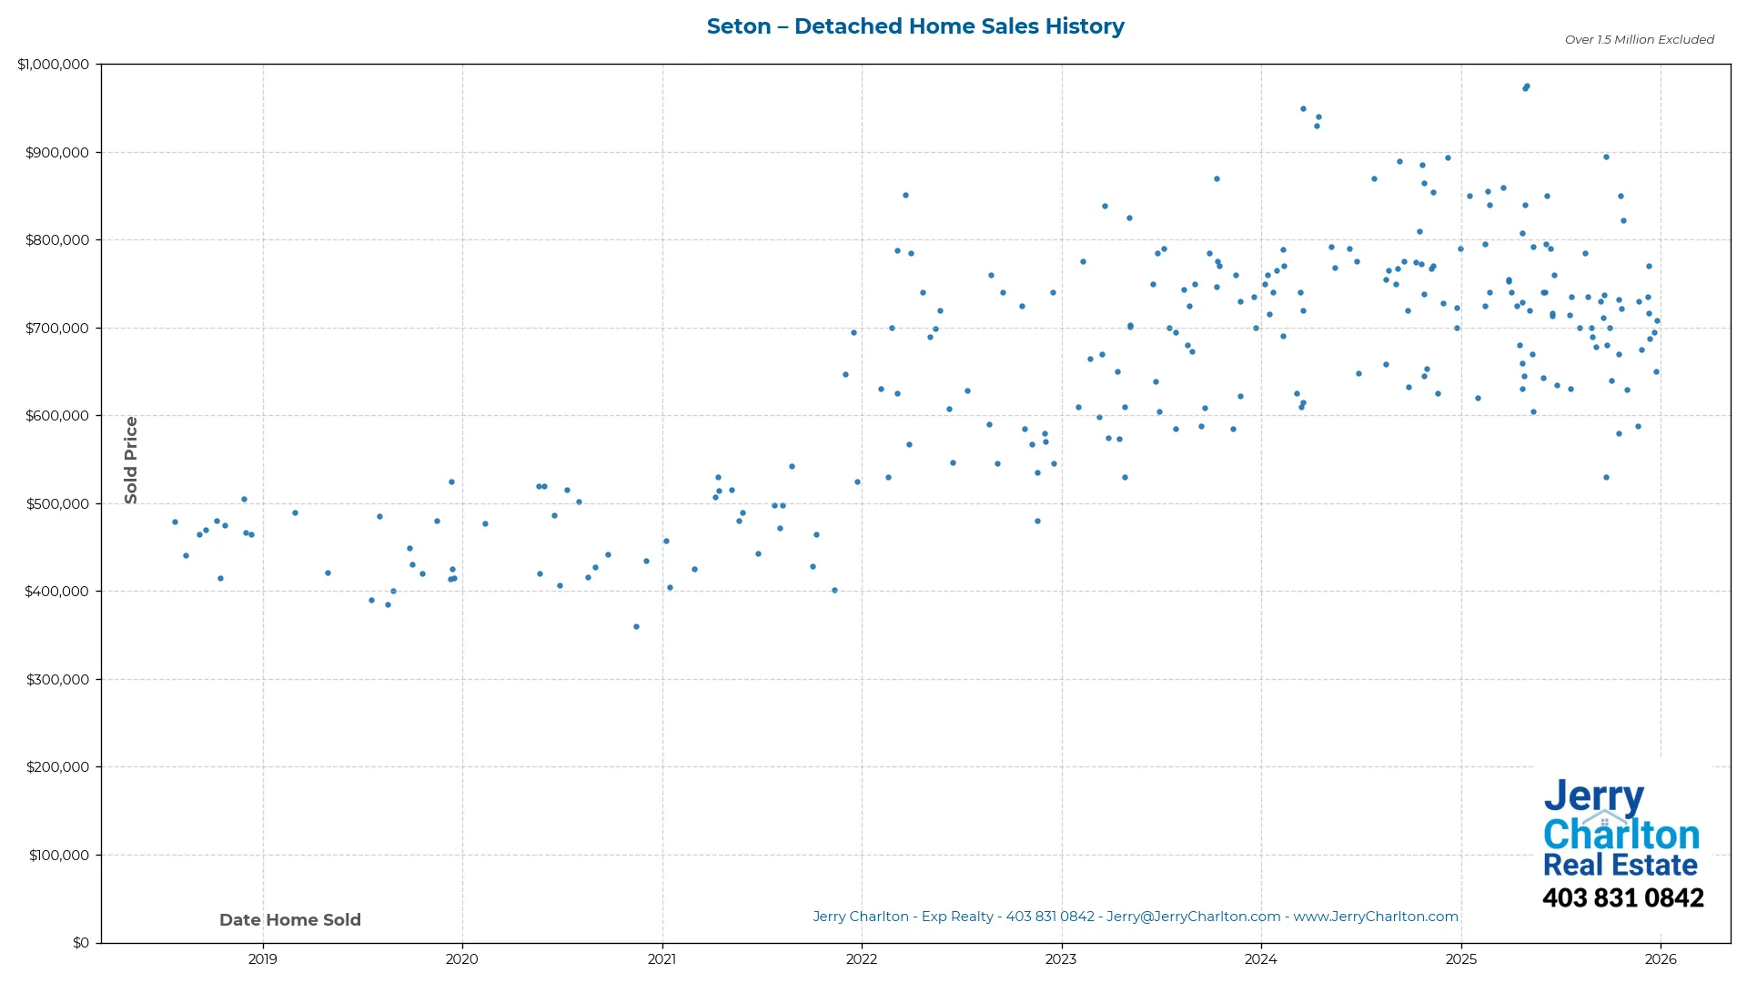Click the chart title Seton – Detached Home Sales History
(x=915, y=26)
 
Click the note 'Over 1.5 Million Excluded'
(x=1639, y=40)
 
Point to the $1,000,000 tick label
(x=54, y=65)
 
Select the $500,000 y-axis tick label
(x=57, y=504)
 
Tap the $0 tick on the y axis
(x=81, y=943)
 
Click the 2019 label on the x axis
(x=263, y=959)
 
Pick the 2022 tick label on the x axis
(x=862, y=959)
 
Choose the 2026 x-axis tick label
(x=1661, y=959)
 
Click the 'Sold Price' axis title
(x=131, y=461)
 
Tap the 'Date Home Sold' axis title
(x=290, y=920)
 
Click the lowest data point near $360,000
(x=636, y=627)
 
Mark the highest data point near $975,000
(x=1527, y=86)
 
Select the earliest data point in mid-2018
(x=175, y=522)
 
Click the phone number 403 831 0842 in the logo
(x=1622, y=898)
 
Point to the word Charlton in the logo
(x=1621, y=835)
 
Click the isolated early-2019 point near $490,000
(x=295, y=513)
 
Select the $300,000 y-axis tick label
(x=57, y=680)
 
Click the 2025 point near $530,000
(x=1606, y=478)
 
